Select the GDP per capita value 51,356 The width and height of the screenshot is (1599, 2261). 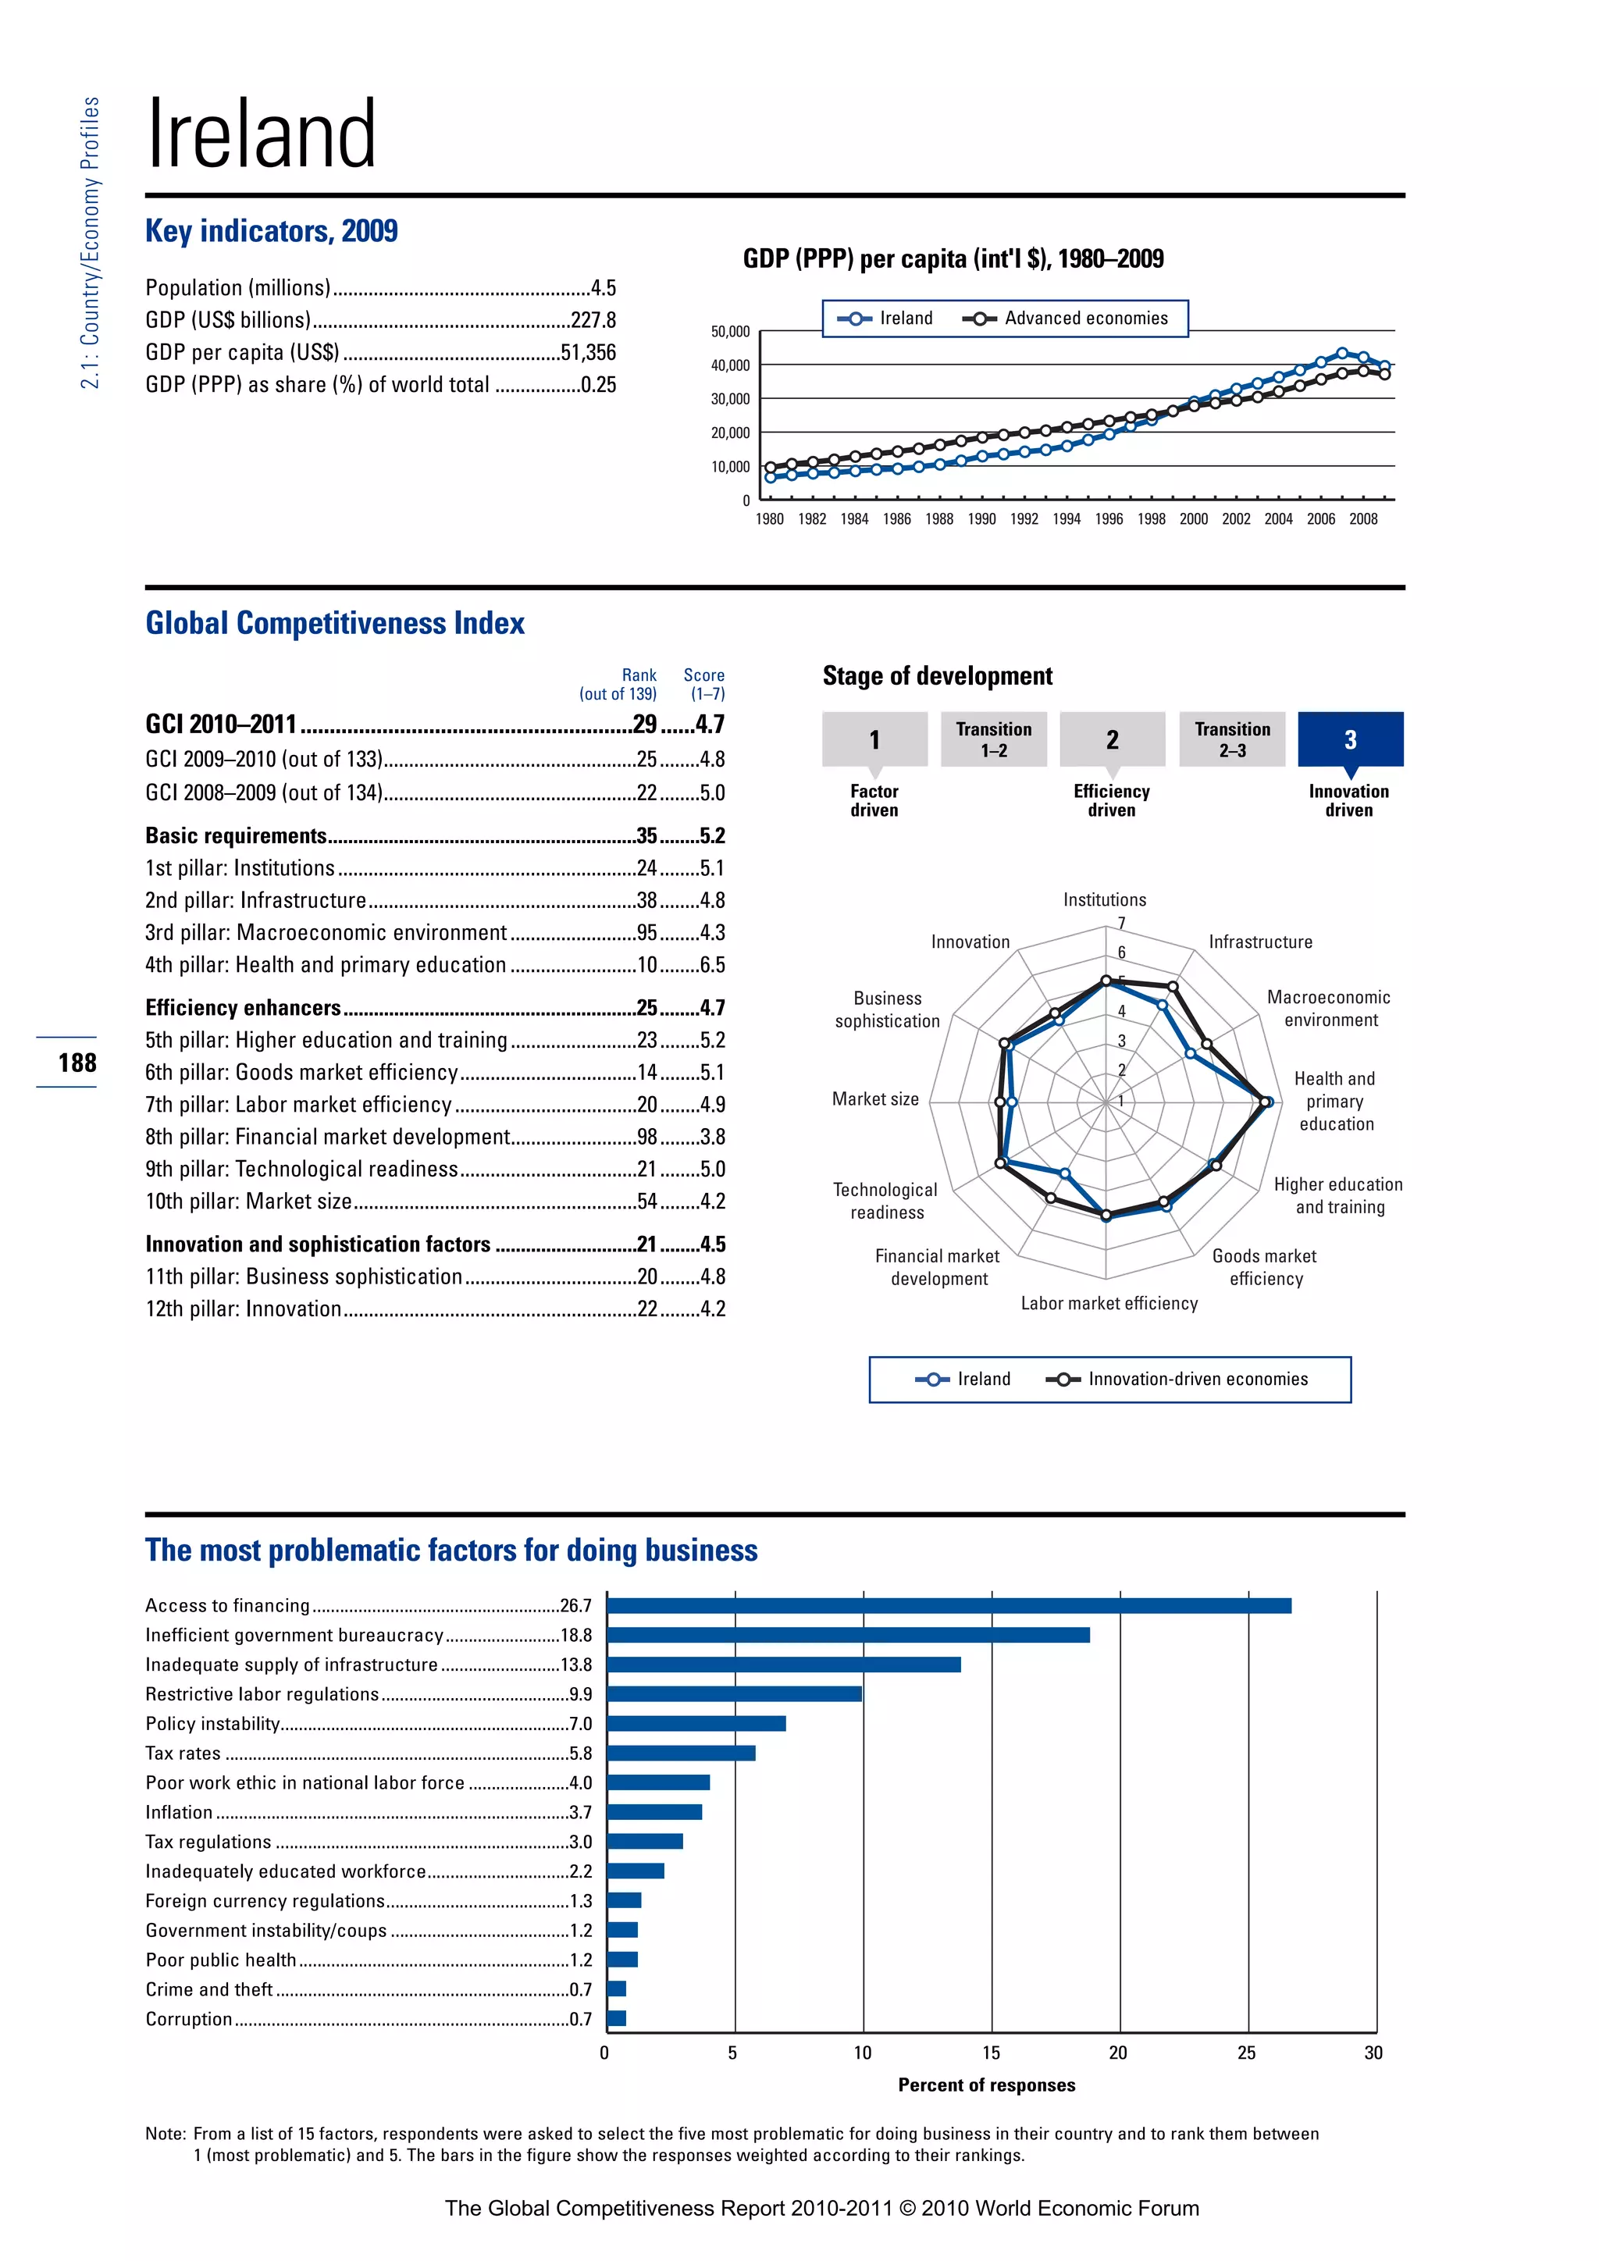pyautogui.click(x=588, y=353)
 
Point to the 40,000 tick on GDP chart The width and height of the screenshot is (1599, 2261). pyautogui.click(x=729, y=365)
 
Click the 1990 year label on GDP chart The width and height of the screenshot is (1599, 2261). pyautogui.click(x=981, y=519)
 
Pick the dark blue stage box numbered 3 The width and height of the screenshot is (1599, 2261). pyautogui.click(x=1350, y=739)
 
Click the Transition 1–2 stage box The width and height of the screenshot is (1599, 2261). pyautogui.click(x=993, y=739)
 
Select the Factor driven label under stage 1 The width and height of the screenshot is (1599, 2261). pyautogui.click(x=874, y=800)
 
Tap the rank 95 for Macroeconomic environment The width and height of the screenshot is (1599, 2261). pyautogui.click(x=647, y=932)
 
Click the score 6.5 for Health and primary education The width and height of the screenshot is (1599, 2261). pyautogui.click(x=712, y=965)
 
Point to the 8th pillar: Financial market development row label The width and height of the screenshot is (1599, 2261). pyautogui.click(x=327, y=1137)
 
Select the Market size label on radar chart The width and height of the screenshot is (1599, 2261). pyautogui.click(x=875, y=1099)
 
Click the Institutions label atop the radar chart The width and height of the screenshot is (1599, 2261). pyautogui.click(x=1104, y=899)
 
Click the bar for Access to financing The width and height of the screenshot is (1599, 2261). pyautogui.click(x=948, y=1605)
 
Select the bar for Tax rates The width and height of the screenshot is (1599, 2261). pyautogui.click(x=682, y=1753)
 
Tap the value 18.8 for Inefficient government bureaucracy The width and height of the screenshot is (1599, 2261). pyautogui.click(x=576, y=1635)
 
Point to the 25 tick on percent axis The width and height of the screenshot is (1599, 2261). pyautogui.click(x=1247, y=2053)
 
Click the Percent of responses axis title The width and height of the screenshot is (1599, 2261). pyautogui.click(x=987, y=2085)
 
